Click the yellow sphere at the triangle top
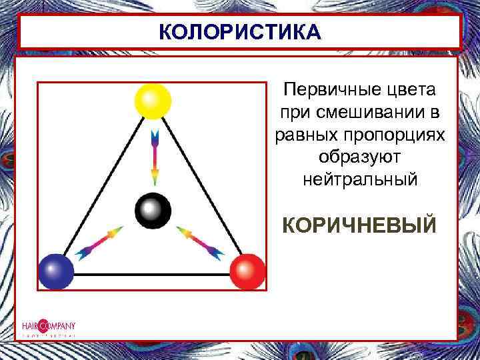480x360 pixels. (x=153, y=101)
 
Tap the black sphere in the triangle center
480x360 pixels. (x=153, y=211)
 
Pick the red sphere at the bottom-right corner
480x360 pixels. (x=247, y=271)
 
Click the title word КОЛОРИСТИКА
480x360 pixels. (x=240, y=33)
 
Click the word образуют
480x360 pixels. (x=359, y=157)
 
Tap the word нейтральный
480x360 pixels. (x=359, y=180)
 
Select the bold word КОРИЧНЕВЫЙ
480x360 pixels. (x=359, y=224)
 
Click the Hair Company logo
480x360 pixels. (x=48, y=327)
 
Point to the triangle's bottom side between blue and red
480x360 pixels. (x=152, y=274)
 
